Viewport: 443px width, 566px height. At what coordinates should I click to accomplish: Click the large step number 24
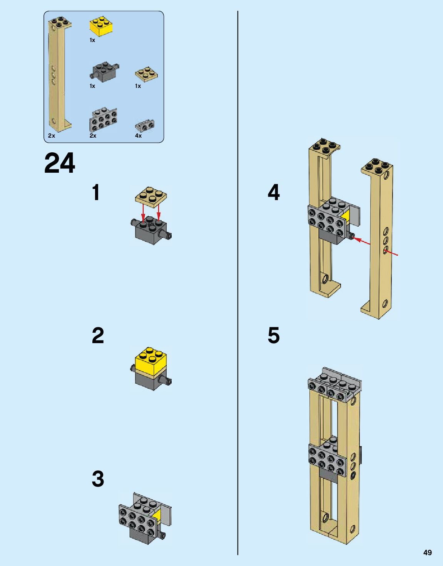click(60, 163)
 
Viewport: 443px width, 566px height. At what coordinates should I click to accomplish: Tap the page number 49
click(427, 553)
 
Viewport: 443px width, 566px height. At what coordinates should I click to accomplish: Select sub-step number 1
click(96, 192)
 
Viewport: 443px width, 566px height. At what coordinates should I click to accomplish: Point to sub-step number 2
click(98, 335)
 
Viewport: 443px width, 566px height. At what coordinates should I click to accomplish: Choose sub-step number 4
click(274, 192)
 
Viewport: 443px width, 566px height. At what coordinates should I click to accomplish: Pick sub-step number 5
click(274, 335)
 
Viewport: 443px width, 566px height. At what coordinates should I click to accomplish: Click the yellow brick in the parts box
click(101, 26)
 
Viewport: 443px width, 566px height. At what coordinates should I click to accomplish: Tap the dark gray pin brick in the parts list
click(104, 72)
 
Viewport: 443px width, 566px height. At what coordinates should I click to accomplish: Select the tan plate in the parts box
click(146, 74)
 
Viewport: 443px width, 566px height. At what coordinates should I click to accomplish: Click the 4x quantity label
click(138, 136)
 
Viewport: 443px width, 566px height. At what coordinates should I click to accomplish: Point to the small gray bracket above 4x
click(145, 126)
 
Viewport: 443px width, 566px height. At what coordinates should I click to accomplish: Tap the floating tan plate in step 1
click(151, 197)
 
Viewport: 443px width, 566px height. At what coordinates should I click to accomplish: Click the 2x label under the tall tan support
click(52, 136)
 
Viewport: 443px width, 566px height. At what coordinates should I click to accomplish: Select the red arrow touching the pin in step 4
click(362, 241)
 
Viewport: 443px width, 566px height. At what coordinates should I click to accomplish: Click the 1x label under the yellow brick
click(92, 40)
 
